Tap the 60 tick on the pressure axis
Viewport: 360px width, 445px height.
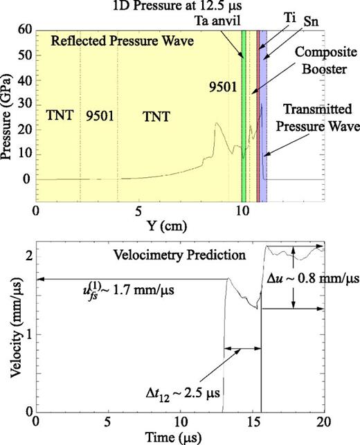coord(24,30)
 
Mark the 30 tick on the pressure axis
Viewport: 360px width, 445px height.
coord(24,105)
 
